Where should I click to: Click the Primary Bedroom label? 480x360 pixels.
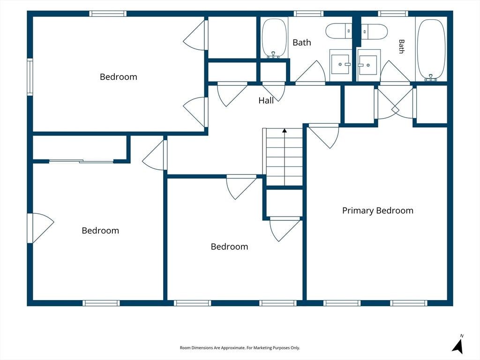pyautogui.click(x=378, y=210)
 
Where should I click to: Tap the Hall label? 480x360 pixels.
pyautogui.click(x=266, y=100)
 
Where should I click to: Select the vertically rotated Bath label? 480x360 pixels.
pyautogui.click(x=401, y=46)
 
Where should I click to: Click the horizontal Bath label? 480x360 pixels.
pyautogui.click(x=302, y=43)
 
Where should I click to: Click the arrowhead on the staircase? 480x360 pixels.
pyautogui.click(x=285, y=130)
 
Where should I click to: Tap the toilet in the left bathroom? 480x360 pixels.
pyautogui.click(x=339, y=31)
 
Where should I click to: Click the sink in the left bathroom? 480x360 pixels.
pyautogui.click(x=341, y=64)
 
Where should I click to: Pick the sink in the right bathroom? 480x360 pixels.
pyautogui.click(x=368, y=65)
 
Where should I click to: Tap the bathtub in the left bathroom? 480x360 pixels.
pyautogui.click(x=274, y=38)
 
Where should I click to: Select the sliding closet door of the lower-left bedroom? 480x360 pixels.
pyautogui.click(x=82, y=161)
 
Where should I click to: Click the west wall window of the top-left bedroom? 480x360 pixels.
pyautogui.click(x=30, y=77)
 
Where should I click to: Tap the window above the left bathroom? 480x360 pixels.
pyautogui.click(x=308, y=14)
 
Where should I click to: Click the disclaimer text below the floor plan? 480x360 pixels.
pyautogui.click(x=240, y=348)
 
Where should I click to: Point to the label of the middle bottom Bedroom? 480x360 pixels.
pyautogui.click(x=229, y=247)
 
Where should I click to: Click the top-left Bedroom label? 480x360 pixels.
pyautogui.click(x=119, y=77)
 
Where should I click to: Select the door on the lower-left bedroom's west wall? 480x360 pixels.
pyautogui.click(x=40, y=228)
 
